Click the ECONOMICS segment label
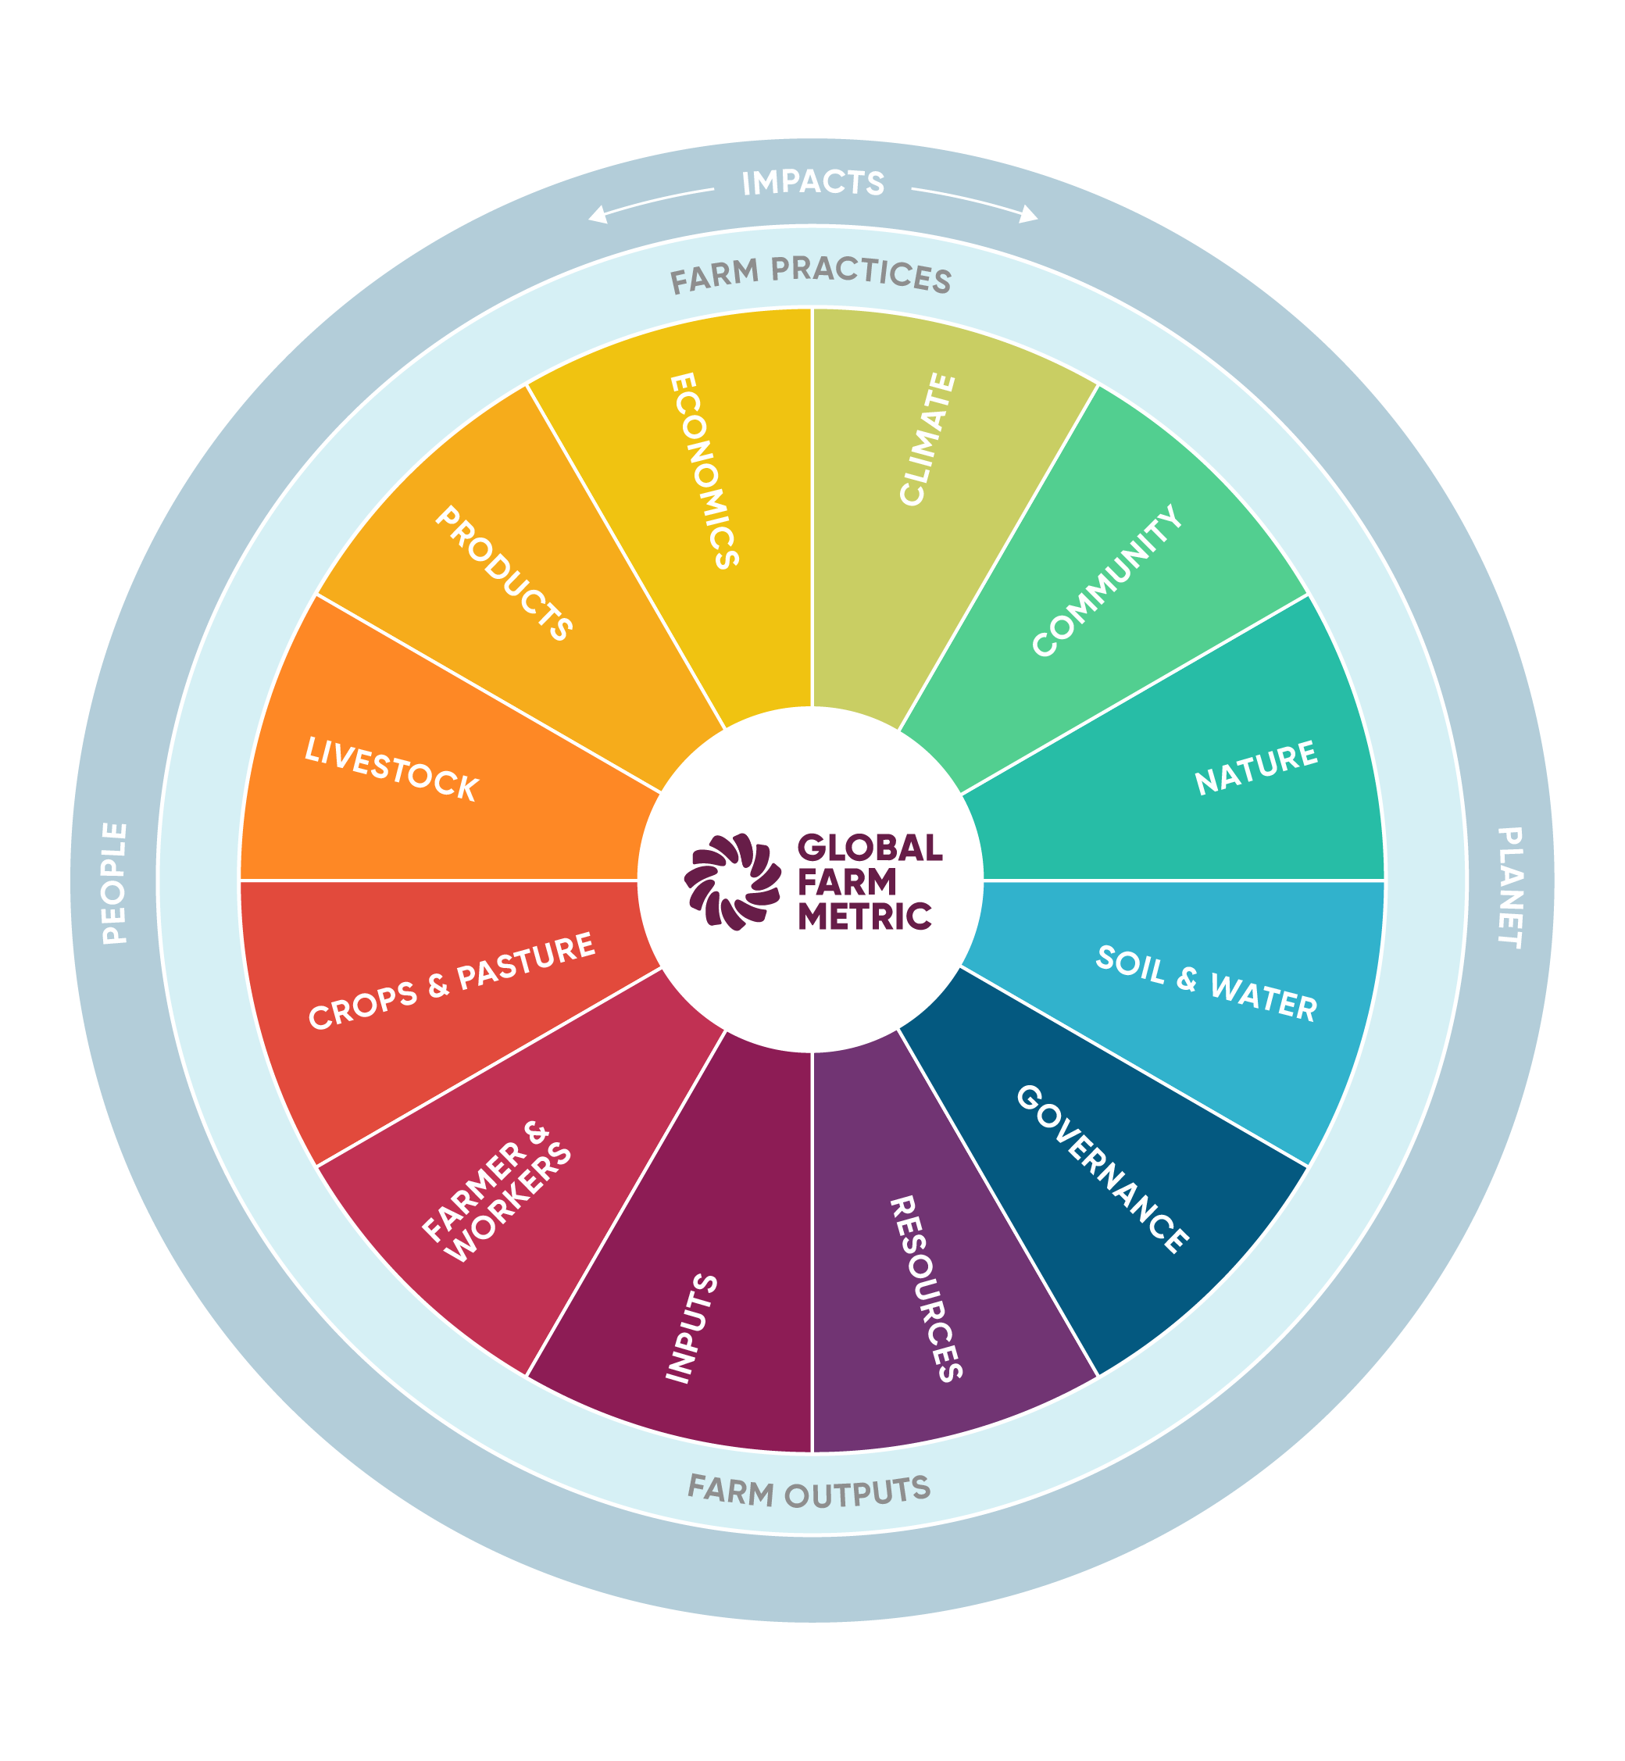(703, 471)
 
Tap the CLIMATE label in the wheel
(927, 440)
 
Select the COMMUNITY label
(1106, 580)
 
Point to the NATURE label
(1255, 767)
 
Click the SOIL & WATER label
(1206, 984)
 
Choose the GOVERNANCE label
(1102, 1169)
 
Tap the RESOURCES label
(927, 1289)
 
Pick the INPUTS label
(692, 1327)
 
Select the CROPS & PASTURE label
(451, 981)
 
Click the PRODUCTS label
(504, 573)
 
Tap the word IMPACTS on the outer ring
(812, 183)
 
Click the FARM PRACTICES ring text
(811, 275)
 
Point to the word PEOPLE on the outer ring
(114, 883)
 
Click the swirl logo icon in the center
(733, 881)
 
